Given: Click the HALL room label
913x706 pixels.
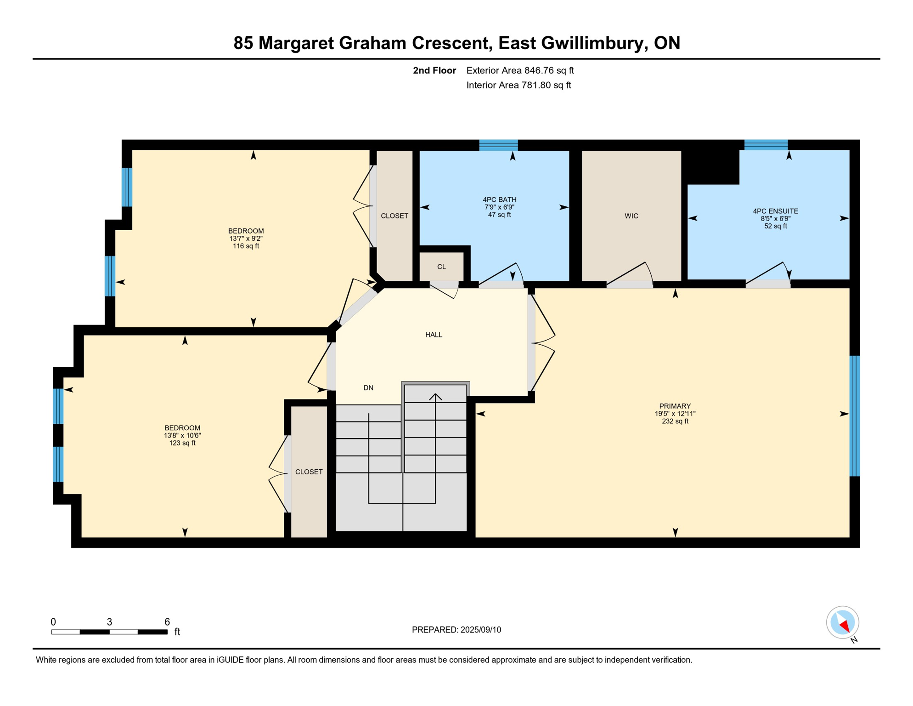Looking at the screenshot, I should [434, 335].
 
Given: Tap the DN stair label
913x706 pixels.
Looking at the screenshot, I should [368, 388].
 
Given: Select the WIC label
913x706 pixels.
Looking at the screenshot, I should [631, 216].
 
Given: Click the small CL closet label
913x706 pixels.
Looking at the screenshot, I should [441, 267].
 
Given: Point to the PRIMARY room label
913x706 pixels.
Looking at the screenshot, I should [675, 406].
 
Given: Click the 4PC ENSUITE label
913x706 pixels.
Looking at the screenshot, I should [775, 211].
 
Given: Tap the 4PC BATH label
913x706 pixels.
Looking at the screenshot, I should [499, 199].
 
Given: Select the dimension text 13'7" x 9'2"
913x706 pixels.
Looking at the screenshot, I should [246, 239].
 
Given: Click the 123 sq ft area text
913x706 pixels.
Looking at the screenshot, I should [182, 443].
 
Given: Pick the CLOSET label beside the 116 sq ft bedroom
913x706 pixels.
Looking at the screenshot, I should [395, 216].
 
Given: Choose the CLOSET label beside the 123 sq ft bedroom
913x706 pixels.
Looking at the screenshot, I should [309, 472].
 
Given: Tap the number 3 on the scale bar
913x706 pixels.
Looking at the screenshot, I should [109, 622].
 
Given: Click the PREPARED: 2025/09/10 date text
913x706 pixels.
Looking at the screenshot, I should [456, 630].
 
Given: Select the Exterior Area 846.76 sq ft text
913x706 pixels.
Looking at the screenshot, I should [520, 70].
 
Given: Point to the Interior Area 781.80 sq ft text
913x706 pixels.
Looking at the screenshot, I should [518, 85].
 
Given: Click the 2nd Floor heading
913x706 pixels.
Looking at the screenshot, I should [434, 70].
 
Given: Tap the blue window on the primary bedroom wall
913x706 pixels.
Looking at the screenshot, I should [854, 416].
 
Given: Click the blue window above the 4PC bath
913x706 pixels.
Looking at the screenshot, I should [498, 145].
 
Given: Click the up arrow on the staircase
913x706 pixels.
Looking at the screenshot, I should [435, 396].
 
